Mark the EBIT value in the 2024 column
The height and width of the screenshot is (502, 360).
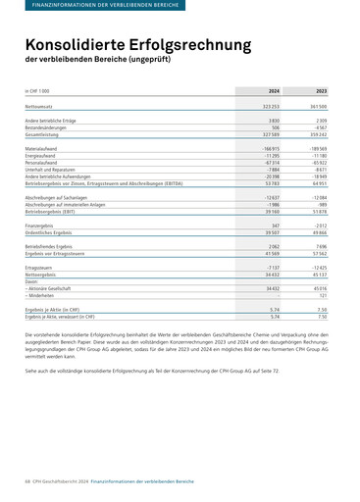coord(271,211)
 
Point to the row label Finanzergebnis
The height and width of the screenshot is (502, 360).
coord(44,226)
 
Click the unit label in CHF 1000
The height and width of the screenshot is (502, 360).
coord(40,90)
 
